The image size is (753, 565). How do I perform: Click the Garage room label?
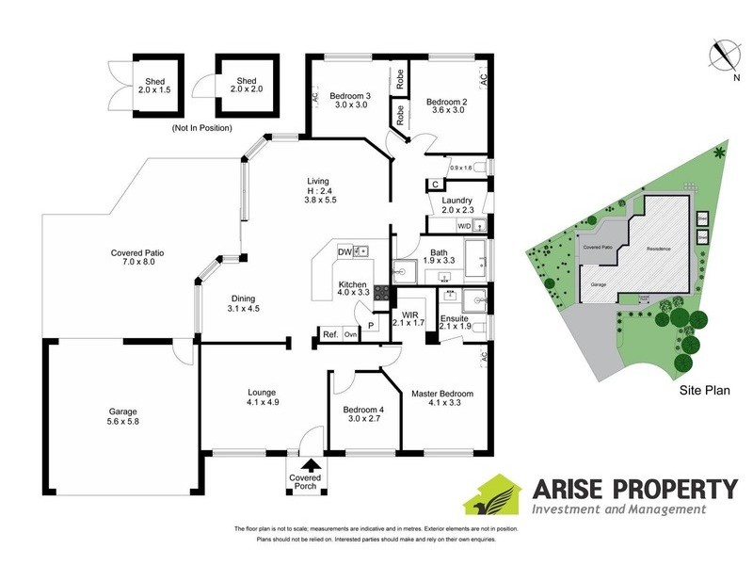coord(122,412)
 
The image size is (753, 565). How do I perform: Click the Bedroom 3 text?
coord(352,94)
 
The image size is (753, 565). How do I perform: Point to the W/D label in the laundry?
coord(464,226)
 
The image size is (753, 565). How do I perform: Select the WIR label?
coord(409,315)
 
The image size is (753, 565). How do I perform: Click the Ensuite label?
coord(455,319)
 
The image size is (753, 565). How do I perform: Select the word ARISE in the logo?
coord(571,489)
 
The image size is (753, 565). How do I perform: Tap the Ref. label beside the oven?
coord(330,334)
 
